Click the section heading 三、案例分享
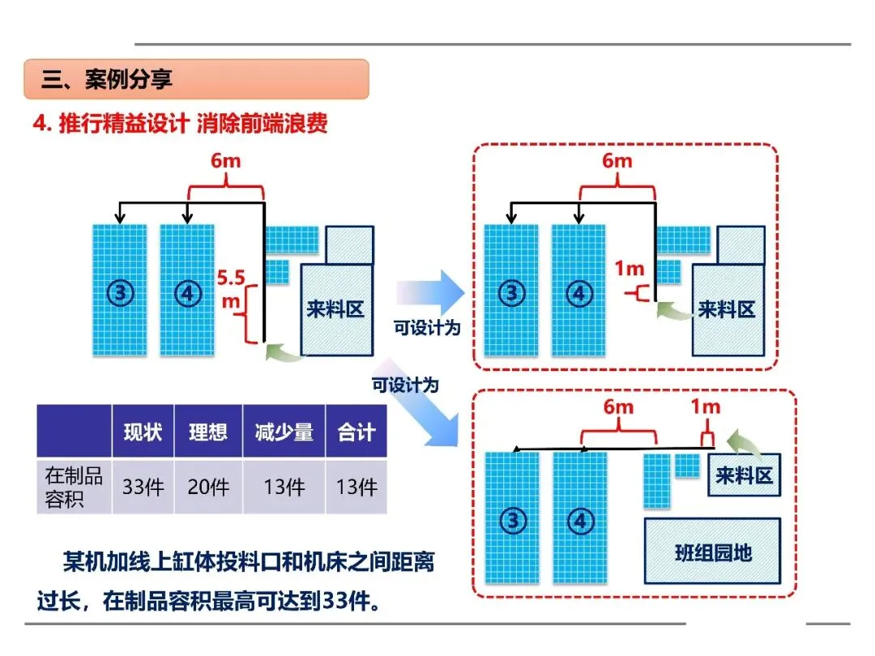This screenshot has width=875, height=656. pyautogui.click(x=107, y=79)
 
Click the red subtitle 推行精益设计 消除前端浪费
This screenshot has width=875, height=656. pyautogui.click(x=193, y=123)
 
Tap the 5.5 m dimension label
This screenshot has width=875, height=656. pyautogui.click(x=231, y=289)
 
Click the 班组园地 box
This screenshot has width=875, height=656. pyautogui.click(x=712, y=552)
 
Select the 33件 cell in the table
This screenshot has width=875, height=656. pyautogui.click(x=143, y=487)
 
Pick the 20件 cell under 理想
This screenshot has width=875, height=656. pyautogui.click(x=208, y=487)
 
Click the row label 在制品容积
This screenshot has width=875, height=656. pyautogui.click(x=75, y=487)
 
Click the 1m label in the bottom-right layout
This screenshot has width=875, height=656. pyautogui.click(x=706, y=407)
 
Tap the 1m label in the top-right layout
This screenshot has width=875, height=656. pyautogui.click(x=629, y=269)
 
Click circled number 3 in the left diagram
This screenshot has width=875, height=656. pyautogui.click(x=120, y=293)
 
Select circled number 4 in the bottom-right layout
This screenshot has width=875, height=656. pyautogui.click(x=580, y=522)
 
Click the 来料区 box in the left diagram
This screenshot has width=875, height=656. pyautogui.click(x=336, y=310)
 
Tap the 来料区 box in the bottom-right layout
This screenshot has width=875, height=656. pyautogui.click(x=744, y=475)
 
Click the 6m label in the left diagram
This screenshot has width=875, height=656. pyautogui.click(x=225, y=160)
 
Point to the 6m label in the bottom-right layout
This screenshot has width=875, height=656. pyautogui.click(x=618, y=407)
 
